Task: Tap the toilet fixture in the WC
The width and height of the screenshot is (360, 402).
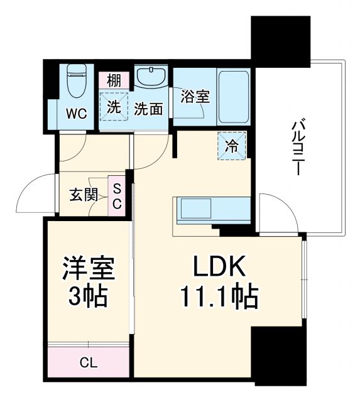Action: (x=77, y=82)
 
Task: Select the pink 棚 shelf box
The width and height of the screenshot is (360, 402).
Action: (x=114, y=80)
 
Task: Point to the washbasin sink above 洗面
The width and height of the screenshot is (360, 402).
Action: (x=150, y=79)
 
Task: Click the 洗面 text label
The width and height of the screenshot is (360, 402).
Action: (x=149, y=109)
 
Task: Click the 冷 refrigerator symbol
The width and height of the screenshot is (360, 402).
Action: (x=232, y=146)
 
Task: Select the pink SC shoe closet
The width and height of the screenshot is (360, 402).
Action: (x=117, y=195)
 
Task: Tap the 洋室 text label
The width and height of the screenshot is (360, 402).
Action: (x=87, y=269)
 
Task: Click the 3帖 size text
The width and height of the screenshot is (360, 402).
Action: (x=87, y=295)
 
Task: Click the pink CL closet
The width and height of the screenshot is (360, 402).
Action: (x=88, y=362)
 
